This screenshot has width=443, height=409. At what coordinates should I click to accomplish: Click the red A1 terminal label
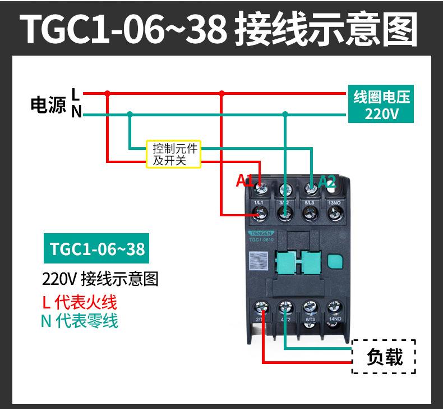point(244,180)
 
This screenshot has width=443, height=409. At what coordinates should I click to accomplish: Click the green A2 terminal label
point(327,181)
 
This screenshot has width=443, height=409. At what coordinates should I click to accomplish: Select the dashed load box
point(384,357)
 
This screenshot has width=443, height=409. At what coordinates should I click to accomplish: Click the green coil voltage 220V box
point(381,105)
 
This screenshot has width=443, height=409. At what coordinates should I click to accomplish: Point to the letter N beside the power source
point(76,113)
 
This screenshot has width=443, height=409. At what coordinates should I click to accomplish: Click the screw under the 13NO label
point(334,213)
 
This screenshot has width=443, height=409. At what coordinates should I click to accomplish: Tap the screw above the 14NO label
point(334,308)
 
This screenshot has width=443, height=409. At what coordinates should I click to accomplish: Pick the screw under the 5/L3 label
point(310,213)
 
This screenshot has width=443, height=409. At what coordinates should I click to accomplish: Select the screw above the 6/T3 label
point(310,308)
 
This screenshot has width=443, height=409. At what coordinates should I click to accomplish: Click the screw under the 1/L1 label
point(260,213)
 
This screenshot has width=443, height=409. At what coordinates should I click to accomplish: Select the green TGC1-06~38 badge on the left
point(96,249)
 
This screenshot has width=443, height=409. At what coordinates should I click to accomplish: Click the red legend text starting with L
point(80,302)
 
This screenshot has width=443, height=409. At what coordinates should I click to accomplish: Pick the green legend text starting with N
point(80,321)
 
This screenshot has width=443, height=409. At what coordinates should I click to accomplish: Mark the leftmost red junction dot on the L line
point(108,93)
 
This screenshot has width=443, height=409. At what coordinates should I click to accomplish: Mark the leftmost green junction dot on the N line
point(130,113)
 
